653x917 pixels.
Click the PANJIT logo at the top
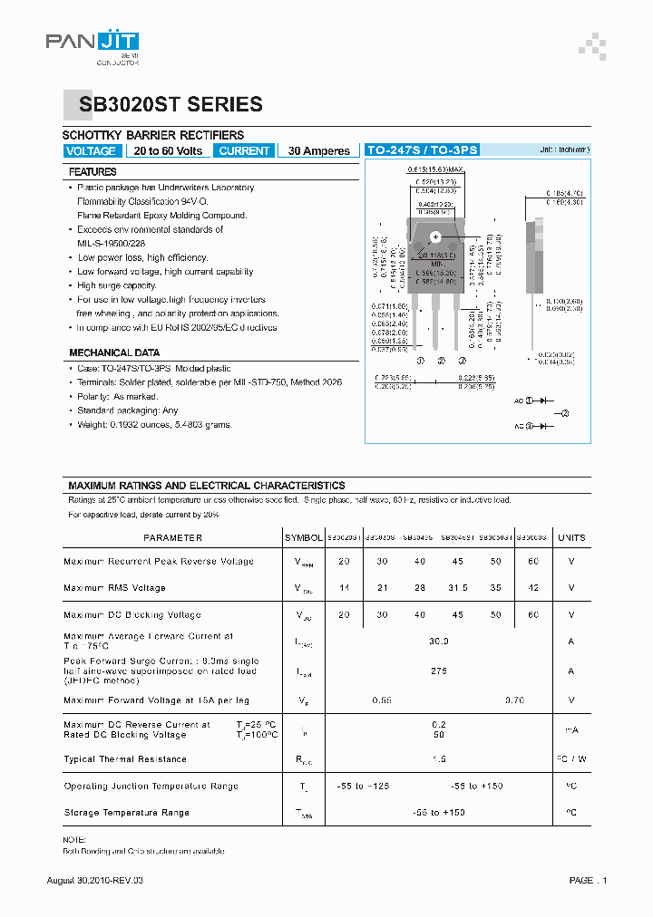(93, 43)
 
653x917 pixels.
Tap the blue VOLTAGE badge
(91, 151)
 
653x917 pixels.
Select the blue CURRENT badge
(244, 151)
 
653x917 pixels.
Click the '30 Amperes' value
(319, 151)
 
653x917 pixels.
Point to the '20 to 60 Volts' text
(169, 151)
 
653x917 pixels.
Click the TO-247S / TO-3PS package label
(422, 150)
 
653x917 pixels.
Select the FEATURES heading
(93, 171)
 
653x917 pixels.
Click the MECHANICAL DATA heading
(114, 352)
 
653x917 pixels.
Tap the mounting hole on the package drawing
(435, 237)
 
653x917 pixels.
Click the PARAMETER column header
(173, 537)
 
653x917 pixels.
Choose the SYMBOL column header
(303, 537)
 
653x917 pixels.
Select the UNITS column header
(571, 537)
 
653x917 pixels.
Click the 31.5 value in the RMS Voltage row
(458, 588)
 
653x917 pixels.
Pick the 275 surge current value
(439, 671)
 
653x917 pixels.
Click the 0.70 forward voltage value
(515, 700)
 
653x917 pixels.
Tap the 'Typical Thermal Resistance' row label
(125, 759)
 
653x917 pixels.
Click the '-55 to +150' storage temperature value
(439, 813)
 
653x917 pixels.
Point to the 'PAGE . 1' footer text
(589, 881)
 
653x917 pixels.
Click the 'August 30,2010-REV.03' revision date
(95, 881)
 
